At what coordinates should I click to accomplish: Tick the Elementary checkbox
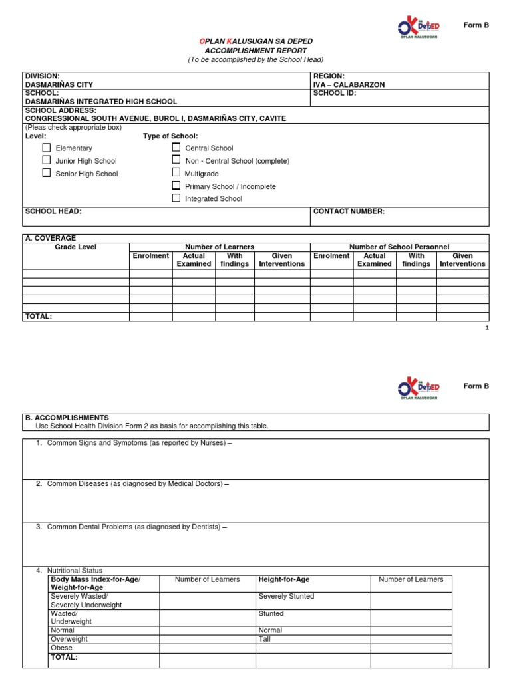coord(47,148)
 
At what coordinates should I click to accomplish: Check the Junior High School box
coord(47,160)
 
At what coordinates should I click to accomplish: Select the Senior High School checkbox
coord(47,173)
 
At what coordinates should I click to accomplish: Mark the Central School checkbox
coord(176,147)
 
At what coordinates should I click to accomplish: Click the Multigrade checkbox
coord(176,173)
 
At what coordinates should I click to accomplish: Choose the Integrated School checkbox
coord(176,198)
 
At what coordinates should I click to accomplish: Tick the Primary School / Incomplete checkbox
coord(176,186)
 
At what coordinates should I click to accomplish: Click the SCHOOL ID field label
coord(335,94)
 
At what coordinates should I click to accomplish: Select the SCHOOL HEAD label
coord(53,211)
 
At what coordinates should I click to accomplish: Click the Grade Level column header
coord(75,247)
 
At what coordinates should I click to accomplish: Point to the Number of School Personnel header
coord(399,247)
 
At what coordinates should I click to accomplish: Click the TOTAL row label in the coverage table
coord(38,317)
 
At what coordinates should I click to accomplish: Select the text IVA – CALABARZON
coord(349,85)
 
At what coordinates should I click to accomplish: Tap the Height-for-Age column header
coord(284,580)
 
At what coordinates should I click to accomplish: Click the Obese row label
coord(61,648)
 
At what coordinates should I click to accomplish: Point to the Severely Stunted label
coord(286,597)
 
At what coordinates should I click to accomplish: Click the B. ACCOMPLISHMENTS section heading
coord(67,418)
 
